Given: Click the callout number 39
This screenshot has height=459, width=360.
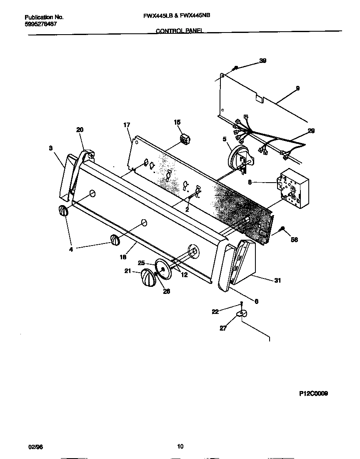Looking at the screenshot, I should [x=262, y=61].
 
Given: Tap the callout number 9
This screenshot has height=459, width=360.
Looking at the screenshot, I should [x=297, y=88].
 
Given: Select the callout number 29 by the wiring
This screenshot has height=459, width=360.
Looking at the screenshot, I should [x=311, y=131].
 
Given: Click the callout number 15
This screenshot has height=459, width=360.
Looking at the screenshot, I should [x=177, y=122].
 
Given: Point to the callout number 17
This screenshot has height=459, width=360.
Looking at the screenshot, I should [x=127, y=125].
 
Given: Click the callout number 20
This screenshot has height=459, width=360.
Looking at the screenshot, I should [x=80, y=130].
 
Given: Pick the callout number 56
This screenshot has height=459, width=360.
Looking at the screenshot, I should [x=294, y=240].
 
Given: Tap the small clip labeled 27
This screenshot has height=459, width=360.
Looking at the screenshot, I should [x=241, y=313].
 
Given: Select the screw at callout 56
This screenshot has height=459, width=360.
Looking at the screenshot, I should [x=283, y=229].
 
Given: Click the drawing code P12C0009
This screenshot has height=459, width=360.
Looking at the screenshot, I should [x=313, y=393].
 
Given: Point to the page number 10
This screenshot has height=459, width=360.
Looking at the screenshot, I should [x=180, y=446].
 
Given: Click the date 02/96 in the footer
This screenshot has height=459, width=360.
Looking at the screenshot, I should [x=36, y=447].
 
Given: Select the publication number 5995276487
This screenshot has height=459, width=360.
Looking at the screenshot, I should [x=41, y=24].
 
